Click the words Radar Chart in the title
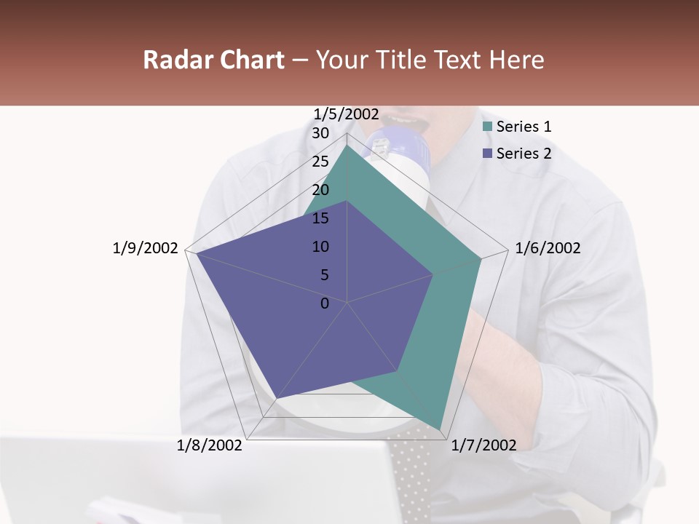click(213, 60)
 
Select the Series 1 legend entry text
click(524, 127)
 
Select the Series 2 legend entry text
click(524, 154)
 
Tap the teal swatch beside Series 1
click(487, 127)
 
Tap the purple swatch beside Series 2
click(487, 154)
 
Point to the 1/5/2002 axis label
click(347, 114)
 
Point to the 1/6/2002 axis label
click(548, 248)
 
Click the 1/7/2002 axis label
click(483, 445)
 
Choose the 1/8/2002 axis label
click(210, 445)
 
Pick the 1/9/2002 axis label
click(145, 248)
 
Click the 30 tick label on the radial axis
click(320, 133)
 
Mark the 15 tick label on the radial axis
click(320, 218)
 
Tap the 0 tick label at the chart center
click(325, 303)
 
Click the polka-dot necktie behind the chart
click(411, 473)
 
